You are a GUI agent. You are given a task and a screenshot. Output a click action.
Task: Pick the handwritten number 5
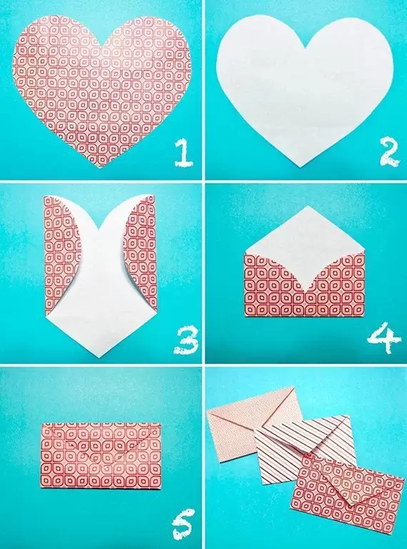pyautogui.click(x=181, y=526)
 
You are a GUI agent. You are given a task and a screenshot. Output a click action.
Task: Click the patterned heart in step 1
pyautogui.click(x=101, y=82)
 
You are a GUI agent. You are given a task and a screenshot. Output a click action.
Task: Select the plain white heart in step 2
pyautogui.click(x=305, y=86)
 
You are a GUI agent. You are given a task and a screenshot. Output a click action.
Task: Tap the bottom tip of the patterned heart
pyautogui.click(x=101, y=167)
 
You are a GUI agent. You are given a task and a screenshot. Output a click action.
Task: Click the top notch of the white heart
pyautogui.click(x=305, y=47)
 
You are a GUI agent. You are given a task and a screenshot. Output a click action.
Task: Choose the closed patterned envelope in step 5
pyautogui.click(x=101, y=455)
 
